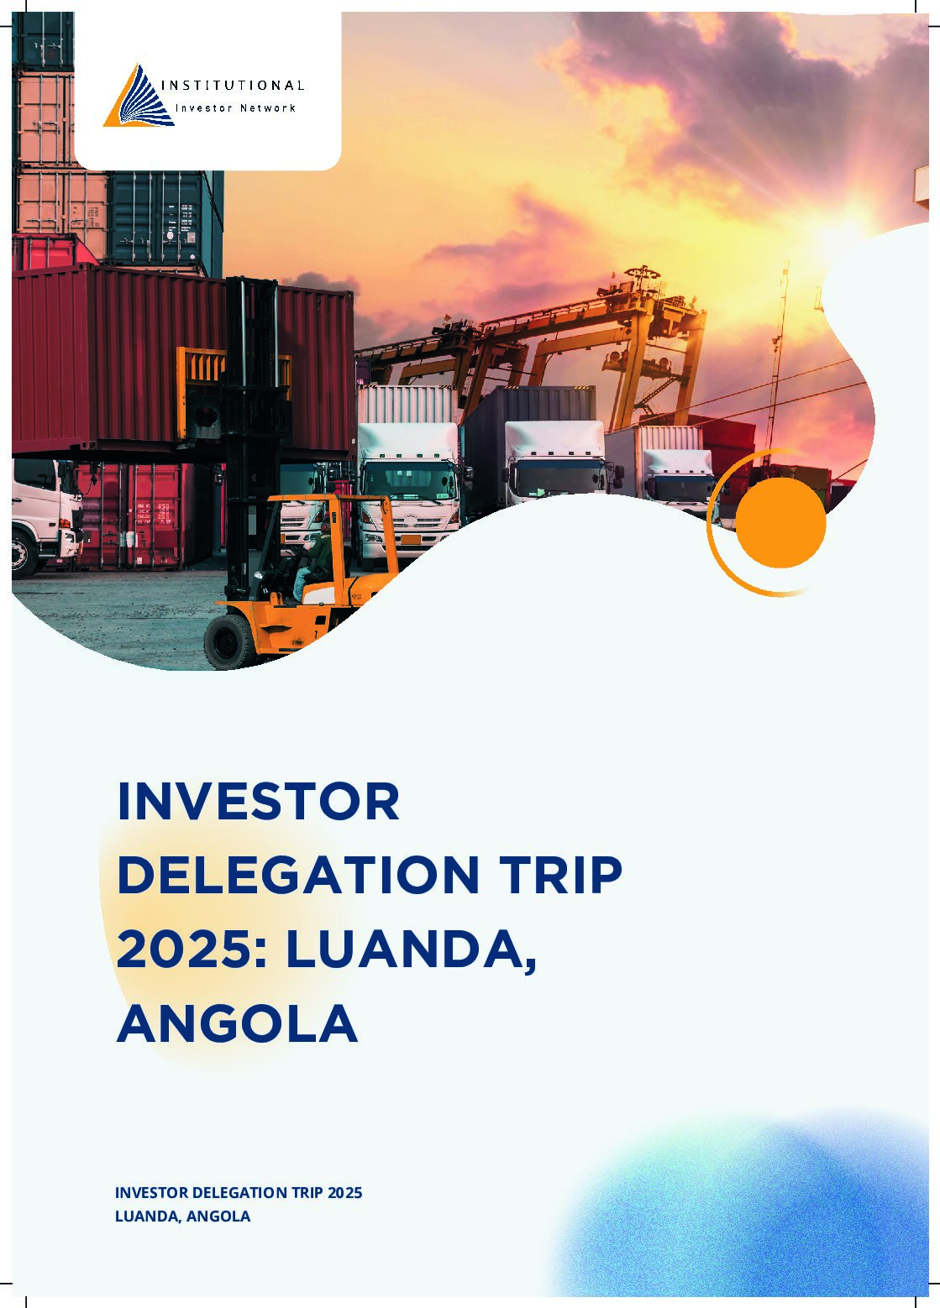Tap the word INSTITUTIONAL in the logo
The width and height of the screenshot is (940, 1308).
pyautogui.click(x=232, y=85)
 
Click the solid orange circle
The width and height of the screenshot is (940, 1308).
pyautogui.click(x=780, y=522)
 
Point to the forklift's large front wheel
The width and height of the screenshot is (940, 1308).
pyautogui.click(x=228, y=641)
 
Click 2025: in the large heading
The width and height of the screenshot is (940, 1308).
pyautogui.click(x=192, y=949)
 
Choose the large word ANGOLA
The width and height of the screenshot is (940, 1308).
pyautogui.click(x=237, y=1023)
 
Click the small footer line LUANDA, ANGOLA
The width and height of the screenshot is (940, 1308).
pyautogui.click(x=182, y=1216)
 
